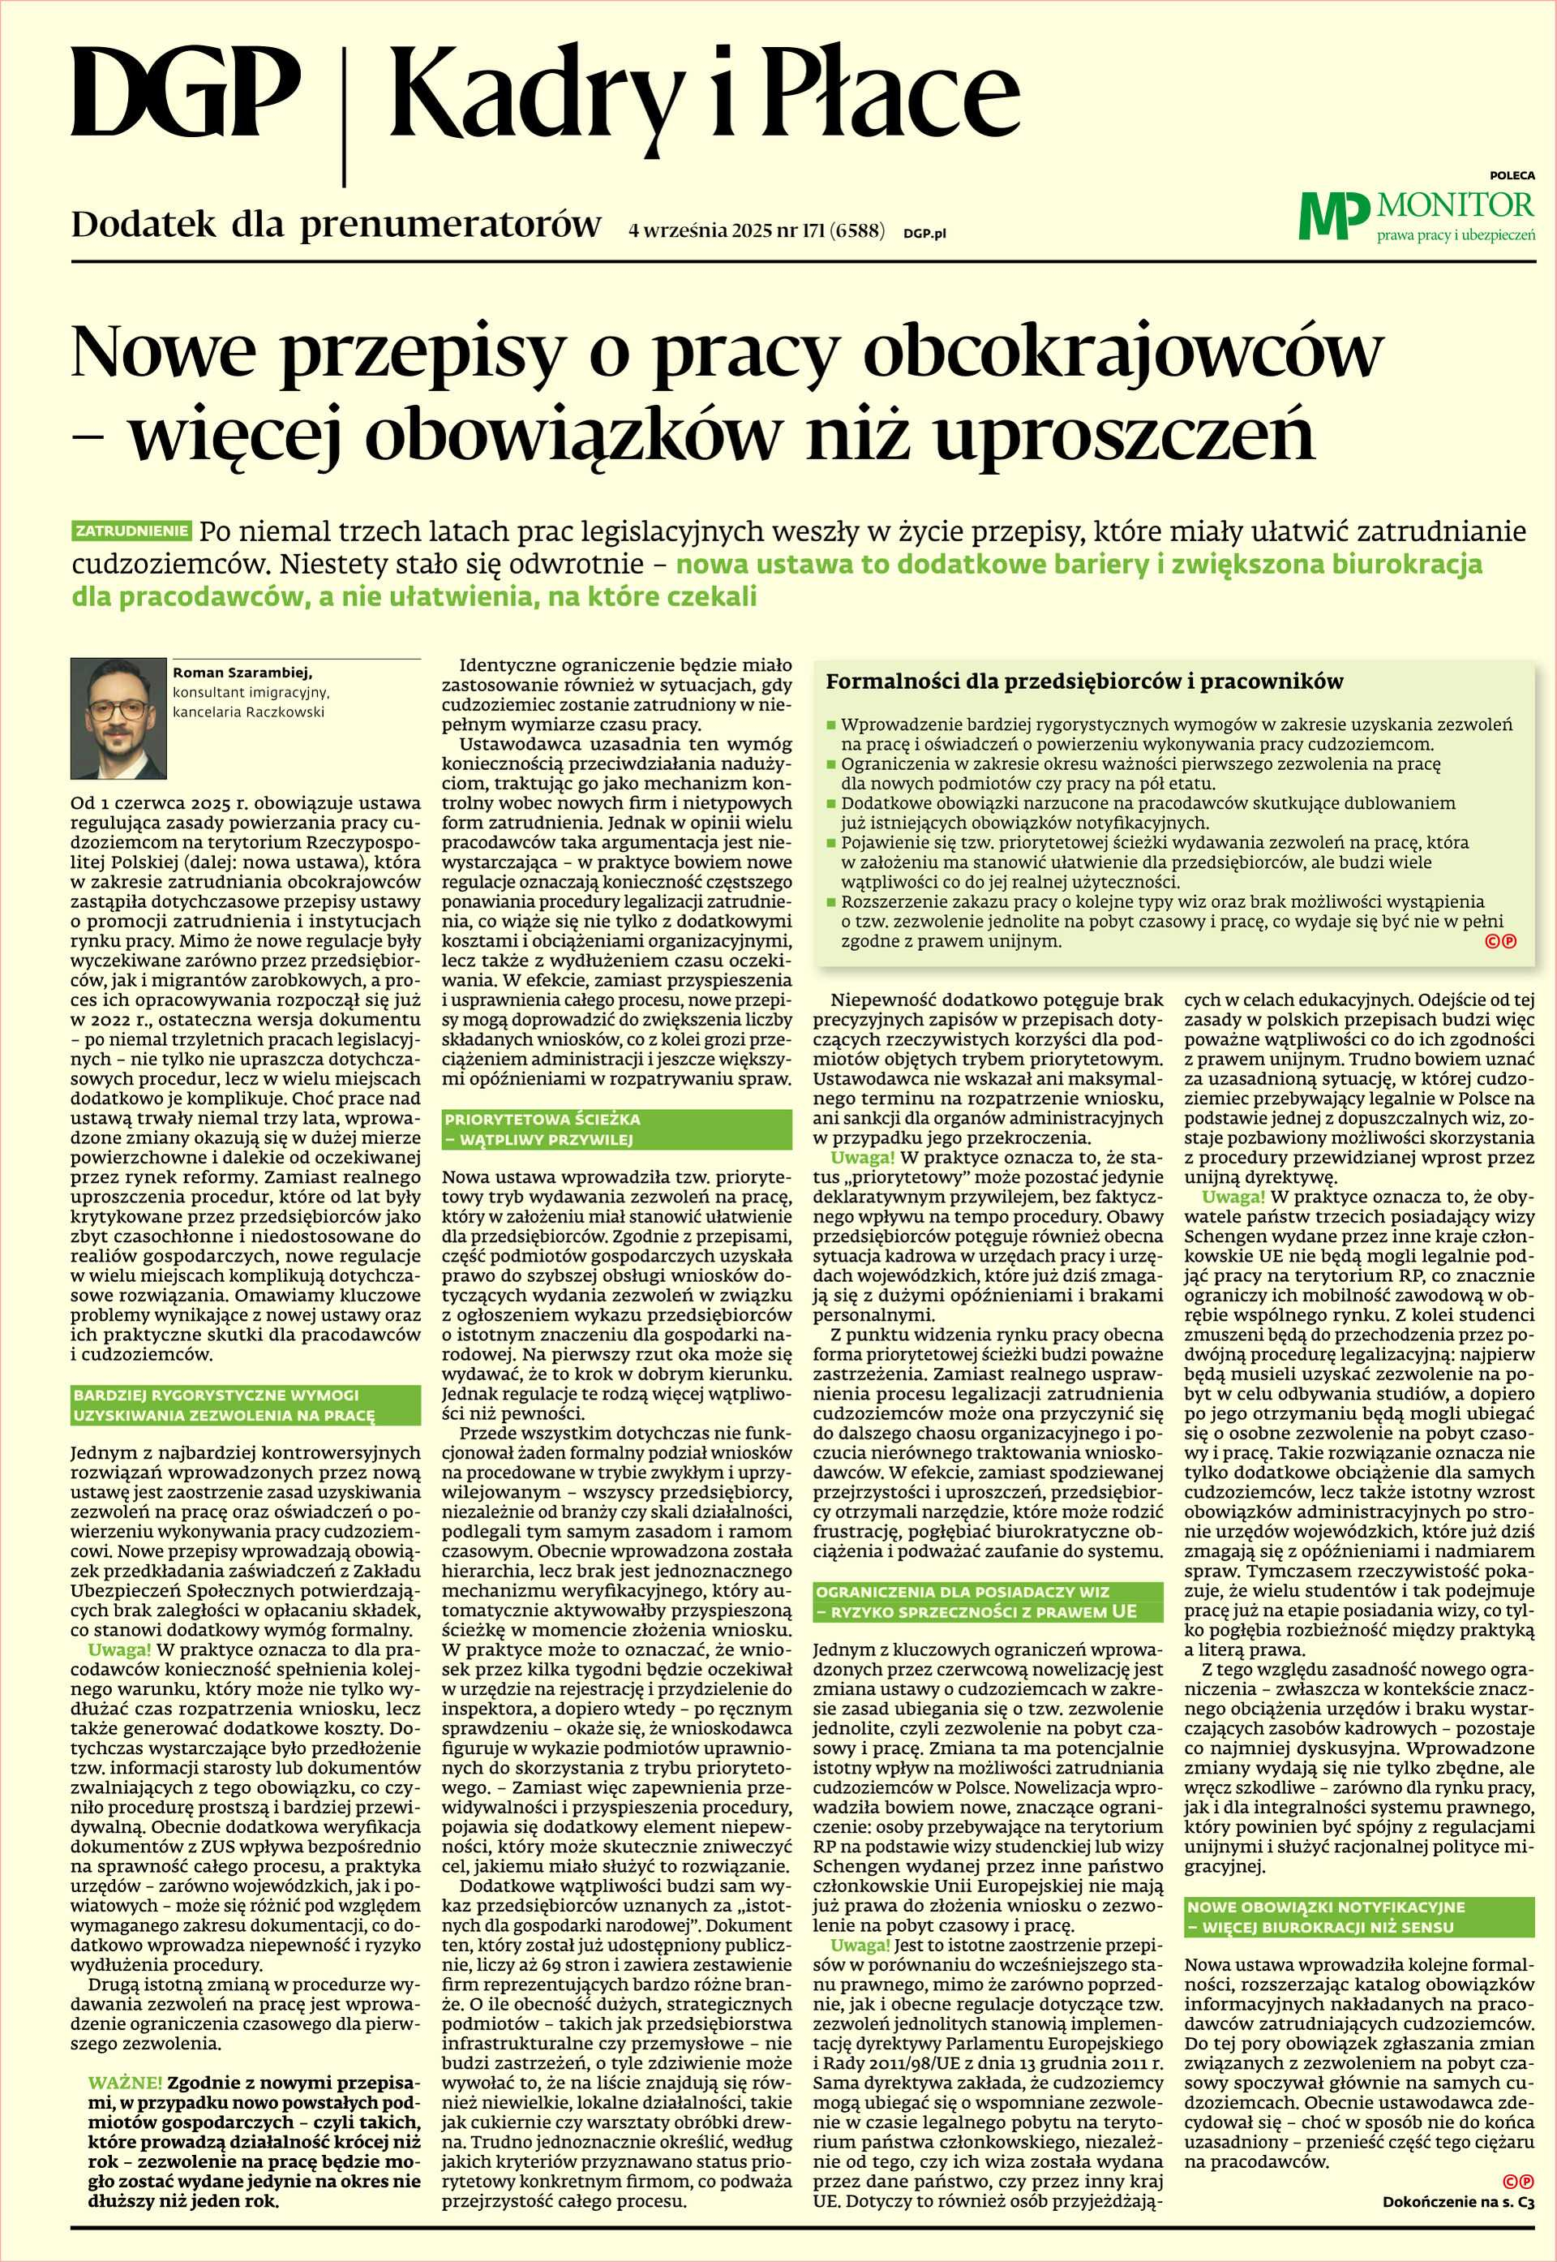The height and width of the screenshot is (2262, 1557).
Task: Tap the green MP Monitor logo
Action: tap(1417, 215)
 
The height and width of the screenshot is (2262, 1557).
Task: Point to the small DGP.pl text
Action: tap(924, 233)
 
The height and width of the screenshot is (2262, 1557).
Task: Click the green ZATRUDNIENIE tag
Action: tap(131, 531)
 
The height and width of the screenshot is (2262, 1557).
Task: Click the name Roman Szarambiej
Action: tap(242, 673)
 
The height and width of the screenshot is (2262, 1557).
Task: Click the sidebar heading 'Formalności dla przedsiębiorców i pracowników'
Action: tap(1084, 682)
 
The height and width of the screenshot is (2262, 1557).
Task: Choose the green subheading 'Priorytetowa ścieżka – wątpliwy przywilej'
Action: tap(616, 1129)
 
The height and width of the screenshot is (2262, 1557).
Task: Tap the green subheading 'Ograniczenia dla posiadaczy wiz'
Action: tap(987, 1602)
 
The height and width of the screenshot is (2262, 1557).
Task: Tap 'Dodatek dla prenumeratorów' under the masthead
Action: tap(336, 226)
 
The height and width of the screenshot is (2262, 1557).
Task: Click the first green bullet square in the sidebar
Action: tap(831, 726)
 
